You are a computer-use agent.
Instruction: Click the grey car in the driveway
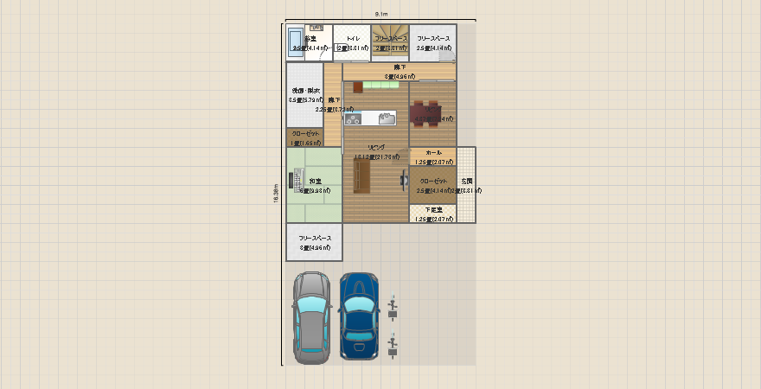310,317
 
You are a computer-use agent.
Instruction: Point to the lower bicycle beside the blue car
393,346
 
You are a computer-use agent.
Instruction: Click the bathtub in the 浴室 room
295,41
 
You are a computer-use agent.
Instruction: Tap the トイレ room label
353,39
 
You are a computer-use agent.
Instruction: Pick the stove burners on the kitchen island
353,119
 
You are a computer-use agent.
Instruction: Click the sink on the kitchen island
387,118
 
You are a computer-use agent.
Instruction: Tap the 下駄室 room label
433,210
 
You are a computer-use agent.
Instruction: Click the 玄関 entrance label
467,181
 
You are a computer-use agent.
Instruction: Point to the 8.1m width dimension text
381,15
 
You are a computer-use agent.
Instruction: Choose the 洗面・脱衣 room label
305,91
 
